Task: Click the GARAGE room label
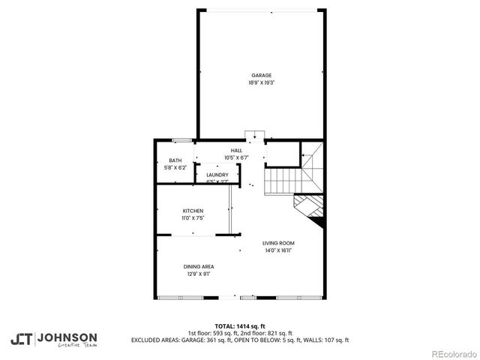click(x=261, y=75)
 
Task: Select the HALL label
click(x=236, y=151)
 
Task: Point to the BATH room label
click(x=175, y=160)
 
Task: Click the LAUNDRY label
click(x=217, y=175)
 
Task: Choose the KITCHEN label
click(x=193, y=211)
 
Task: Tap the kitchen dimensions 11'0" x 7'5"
click(x=193, y=217)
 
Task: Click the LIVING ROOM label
click(x=277, y=243)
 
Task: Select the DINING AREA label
click(x=199, y=266)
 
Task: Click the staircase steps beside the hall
click(x=283, y=180)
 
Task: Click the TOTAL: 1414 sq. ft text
click(x=239, y=326)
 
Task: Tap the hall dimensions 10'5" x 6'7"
click(x=236, y=157)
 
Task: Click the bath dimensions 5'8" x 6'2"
click(x=175, y=167)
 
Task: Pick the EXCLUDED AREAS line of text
click(x=239, y=340)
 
